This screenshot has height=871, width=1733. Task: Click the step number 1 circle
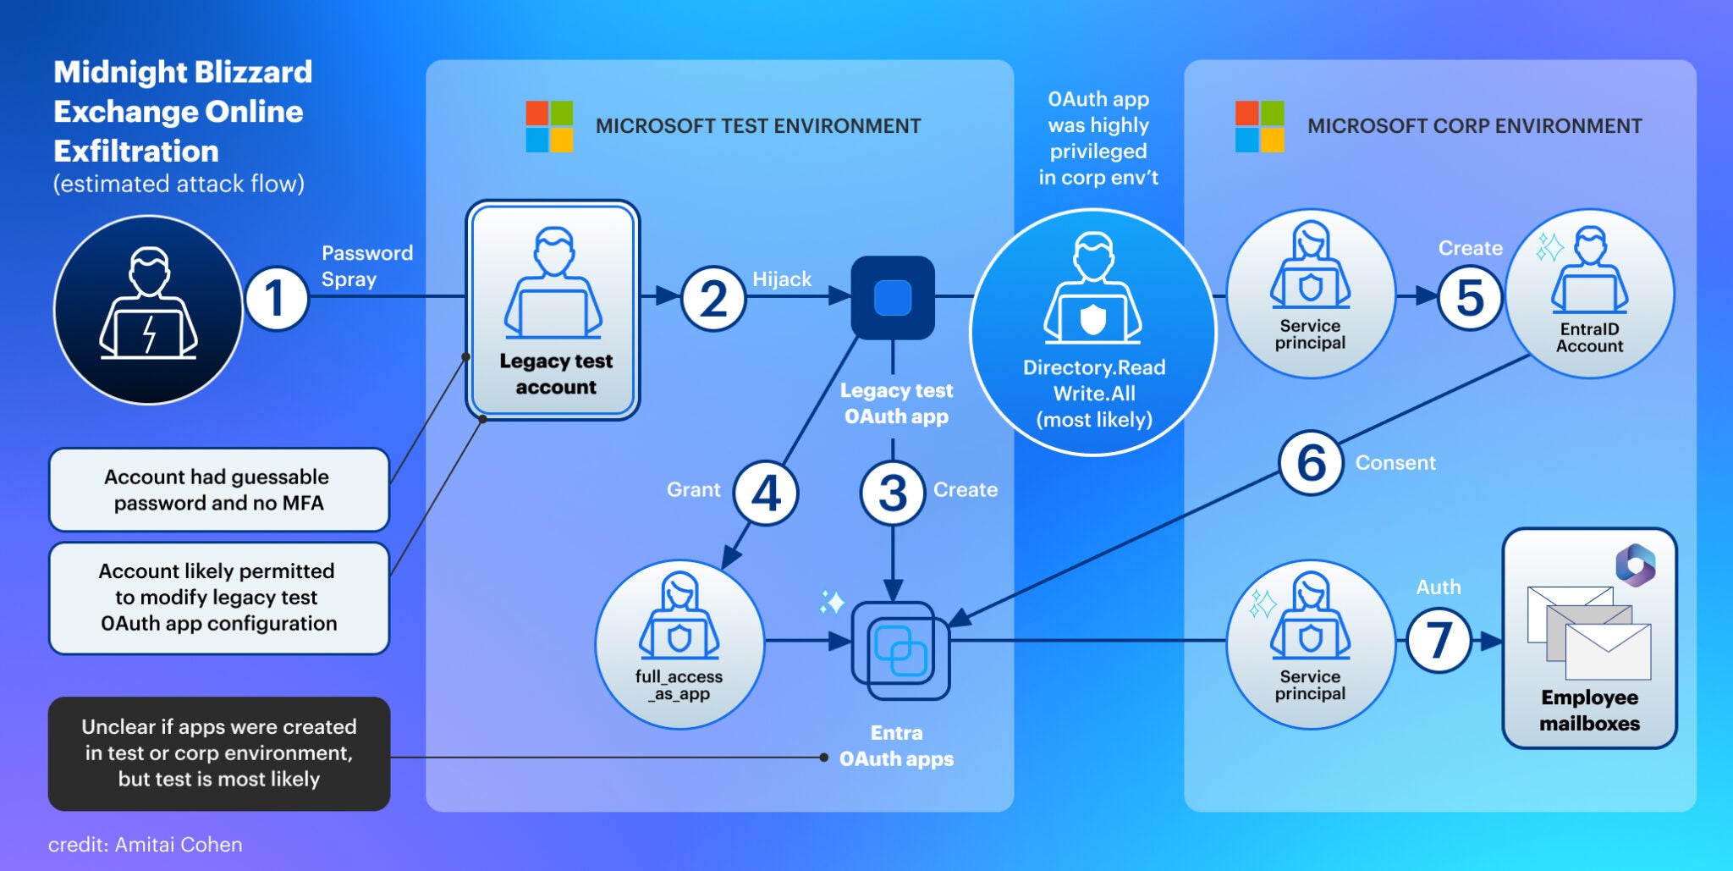276,298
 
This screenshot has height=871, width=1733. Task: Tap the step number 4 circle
766,493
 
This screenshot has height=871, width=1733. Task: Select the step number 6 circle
1311,462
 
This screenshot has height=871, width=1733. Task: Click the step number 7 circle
1439,641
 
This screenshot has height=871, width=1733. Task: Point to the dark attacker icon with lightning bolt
148,310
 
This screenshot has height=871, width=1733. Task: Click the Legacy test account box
553,311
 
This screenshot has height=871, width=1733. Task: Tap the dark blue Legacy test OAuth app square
892,298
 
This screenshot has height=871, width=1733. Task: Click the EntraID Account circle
1589,294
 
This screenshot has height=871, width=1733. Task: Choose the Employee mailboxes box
1589,638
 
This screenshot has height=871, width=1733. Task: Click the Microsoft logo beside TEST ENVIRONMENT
549,126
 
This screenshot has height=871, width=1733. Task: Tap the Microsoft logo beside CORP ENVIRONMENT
1259,126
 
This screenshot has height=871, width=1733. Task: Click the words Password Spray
366,266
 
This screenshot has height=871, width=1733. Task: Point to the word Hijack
781,279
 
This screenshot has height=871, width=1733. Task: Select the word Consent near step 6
1395,463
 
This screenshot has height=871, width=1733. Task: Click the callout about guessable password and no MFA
218,490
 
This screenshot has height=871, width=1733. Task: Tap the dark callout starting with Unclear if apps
218,753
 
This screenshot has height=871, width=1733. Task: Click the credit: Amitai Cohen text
145,845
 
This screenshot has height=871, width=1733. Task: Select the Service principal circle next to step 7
1310,643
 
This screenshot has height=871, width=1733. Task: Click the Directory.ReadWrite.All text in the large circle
1094,380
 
